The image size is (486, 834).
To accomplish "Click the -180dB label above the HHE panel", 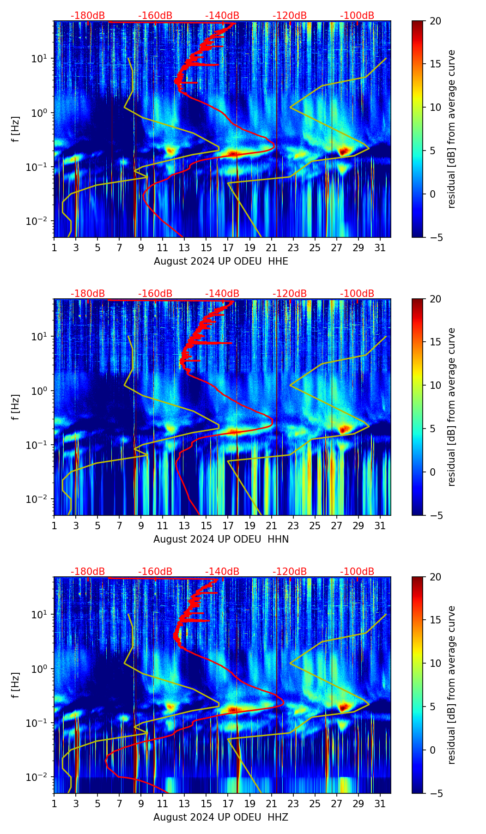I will (x=88, y=16).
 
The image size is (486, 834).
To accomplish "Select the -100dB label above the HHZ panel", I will (x=357, y=572).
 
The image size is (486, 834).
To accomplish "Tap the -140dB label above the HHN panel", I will (x=222, y=294).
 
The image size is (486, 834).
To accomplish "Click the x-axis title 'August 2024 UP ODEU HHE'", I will (x=221, y=261).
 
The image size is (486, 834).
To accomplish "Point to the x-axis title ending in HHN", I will (x=221, y=539).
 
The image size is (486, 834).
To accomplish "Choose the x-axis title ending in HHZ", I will (x=221, y=817).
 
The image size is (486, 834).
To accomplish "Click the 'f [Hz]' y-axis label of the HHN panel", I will (x=16, y=407).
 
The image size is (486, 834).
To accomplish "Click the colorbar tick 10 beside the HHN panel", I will (x=436, y=385).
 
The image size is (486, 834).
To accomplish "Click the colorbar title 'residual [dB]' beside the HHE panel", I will (x=451, y=129).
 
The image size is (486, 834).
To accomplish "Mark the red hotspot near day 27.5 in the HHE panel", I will (x=343, y=151).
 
